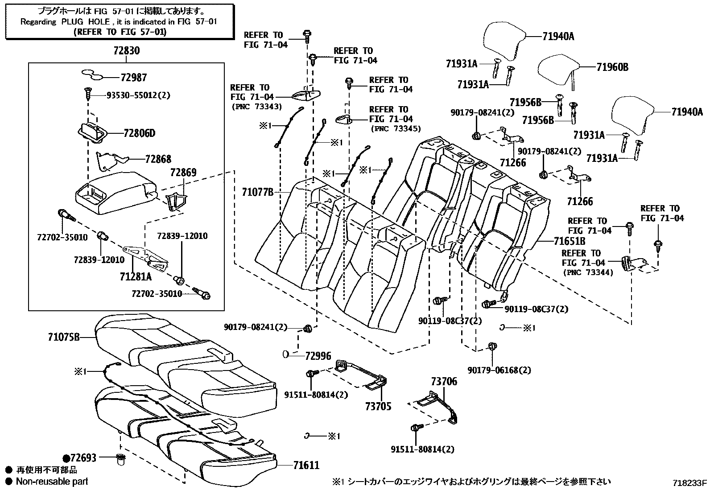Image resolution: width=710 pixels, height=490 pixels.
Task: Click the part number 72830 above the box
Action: click(x=126, y=51)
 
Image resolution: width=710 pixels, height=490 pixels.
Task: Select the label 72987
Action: click(x=133, y=78)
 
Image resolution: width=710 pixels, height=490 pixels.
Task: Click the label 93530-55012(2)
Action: click(x=138, y=95)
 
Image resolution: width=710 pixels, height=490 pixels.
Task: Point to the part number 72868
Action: click(x=158, y=159)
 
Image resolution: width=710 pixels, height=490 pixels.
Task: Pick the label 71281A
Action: click(x=136, y=277)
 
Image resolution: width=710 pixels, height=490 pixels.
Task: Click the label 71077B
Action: click(x=257, y=192)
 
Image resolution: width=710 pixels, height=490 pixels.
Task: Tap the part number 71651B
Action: click(x=570, y=241)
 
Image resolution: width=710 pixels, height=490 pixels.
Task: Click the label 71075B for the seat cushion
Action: click(x=64, y=337)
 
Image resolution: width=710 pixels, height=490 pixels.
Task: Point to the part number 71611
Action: click(x=306, y=465)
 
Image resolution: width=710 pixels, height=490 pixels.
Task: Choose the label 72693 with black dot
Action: click(x=80, y=458)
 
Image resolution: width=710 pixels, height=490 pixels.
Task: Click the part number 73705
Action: click(x=378, y=406)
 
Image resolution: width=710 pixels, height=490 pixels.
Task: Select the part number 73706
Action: click(x=444, y=382)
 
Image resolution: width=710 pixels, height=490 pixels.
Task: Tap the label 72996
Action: click(x=318, y=356)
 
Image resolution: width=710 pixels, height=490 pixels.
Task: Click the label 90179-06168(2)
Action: click(x=499, y=370)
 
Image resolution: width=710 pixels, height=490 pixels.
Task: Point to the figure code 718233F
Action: click(x=690, y=482)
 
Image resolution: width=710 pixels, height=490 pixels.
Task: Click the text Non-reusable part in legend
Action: click(x=52, y=482)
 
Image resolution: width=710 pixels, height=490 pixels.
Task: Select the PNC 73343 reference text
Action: click(x=256, y=107)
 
